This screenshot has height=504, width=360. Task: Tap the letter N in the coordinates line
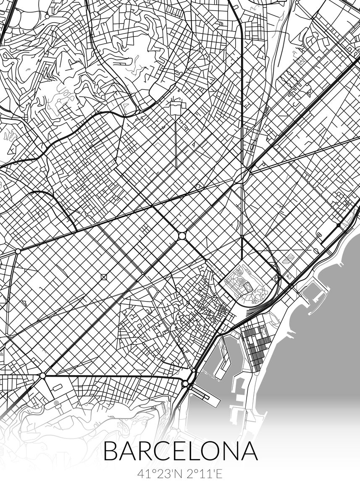(x=174, y=475)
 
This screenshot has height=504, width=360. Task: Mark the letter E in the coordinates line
(x=218, y=475)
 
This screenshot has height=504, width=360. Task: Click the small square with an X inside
(x=103, y=277)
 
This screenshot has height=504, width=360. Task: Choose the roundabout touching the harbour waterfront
(x=185, y=383)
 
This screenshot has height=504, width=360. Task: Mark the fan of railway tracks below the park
(x=254, y=313)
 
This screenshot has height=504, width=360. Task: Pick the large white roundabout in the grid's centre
(x=181, y=236)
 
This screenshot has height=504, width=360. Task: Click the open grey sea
(x=319, y=357)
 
